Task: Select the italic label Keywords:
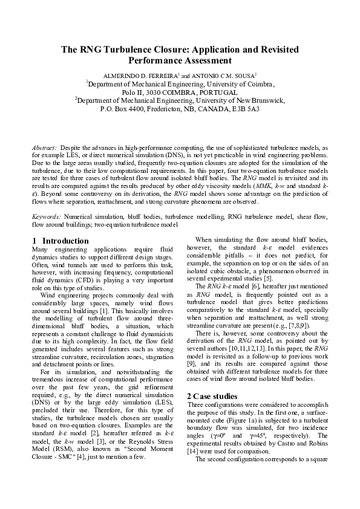tap(47, 216)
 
